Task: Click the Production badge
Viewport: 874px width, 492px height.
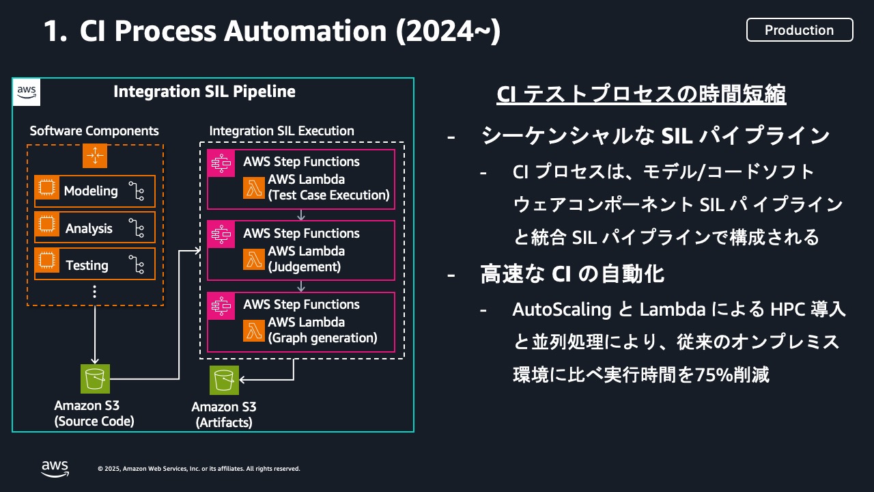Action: point(799,30)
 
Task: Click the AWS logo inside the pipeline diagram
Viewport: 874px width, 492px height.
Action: point(27,92)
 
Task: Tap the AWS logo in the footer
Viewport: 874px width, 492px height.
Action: point(55,468)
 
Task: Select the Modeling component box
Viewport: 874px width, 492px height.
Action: point(95,191)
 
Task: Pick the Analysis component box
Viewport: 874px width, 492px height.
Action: point(95,228)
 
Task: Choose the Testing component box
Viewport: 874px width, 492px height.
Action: point(95,265)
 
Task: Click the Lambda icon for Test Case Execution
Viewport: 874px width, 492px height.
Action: point(254,187)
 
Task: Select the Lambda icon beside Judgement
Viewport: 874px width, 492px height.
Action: point(254,259)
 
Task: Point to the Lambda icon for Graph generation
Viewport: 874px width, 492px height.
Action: point(254,330)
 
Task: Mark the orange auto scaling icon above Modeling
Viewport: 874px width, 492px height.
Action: point(95,156)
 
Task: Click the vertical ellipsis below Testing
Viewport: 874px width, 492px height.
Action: point(95,292)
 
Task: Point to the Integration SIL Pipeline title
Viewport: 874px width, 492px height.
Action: point(205,92)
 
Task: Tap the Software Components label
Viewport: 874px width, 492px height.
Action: point(94,131)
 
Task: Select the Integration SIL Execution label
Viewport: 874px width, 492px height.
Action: point(281,131)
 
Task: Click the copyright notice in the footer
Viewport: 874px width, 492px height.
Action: point(199,469)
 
